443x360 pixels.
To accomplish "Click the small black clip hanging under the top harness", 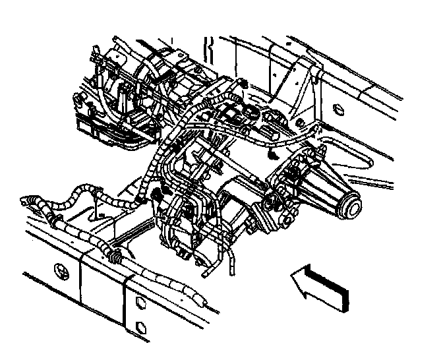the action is (x=270, y=154).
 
